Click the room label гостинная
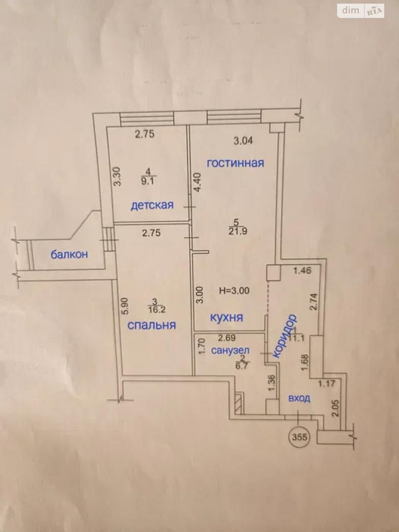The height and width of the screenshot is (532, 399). click(235, 163)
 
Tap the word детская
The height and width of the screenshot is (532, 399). click(152, 205)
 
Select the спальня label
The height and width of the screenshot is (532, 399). click(152, 326)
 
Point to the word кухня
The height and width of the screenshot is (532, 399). click(227, 317)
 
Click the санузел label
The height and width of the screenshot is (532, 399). click(230, 351)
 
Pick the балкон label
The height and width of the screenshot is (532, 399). click(69, 254)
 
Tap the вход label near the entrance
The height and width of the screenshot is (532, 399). click(299, 398)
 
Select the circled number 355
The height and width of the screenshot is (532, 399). click(299, 437)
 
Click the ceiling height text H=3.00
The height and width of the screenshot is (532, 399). click(234, 291)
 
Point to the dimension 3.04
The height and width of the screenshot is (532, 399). click(243, 141)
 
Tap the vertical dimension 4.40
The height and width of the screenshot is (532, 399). click(198, 183)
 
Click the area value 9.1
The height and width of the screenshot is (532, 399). click(147, 181)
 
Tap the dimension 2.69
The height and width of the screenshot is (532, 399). click(227, 338)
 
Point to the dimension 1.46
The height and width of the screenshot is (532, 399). click(302, 271)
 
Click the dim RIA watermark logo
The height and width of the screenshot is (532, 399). click(361, 11)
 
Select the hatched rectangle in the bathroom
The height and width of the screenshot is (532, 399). click(239, 404)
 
